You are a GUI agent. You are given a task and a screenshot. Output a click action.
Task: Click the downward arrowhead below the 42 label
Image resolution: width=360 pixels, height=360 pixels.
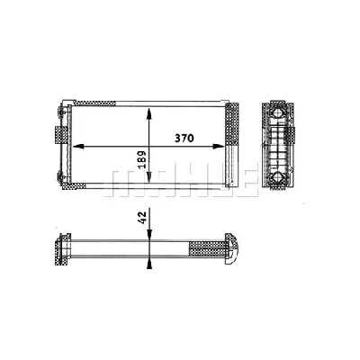point(148,236)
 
